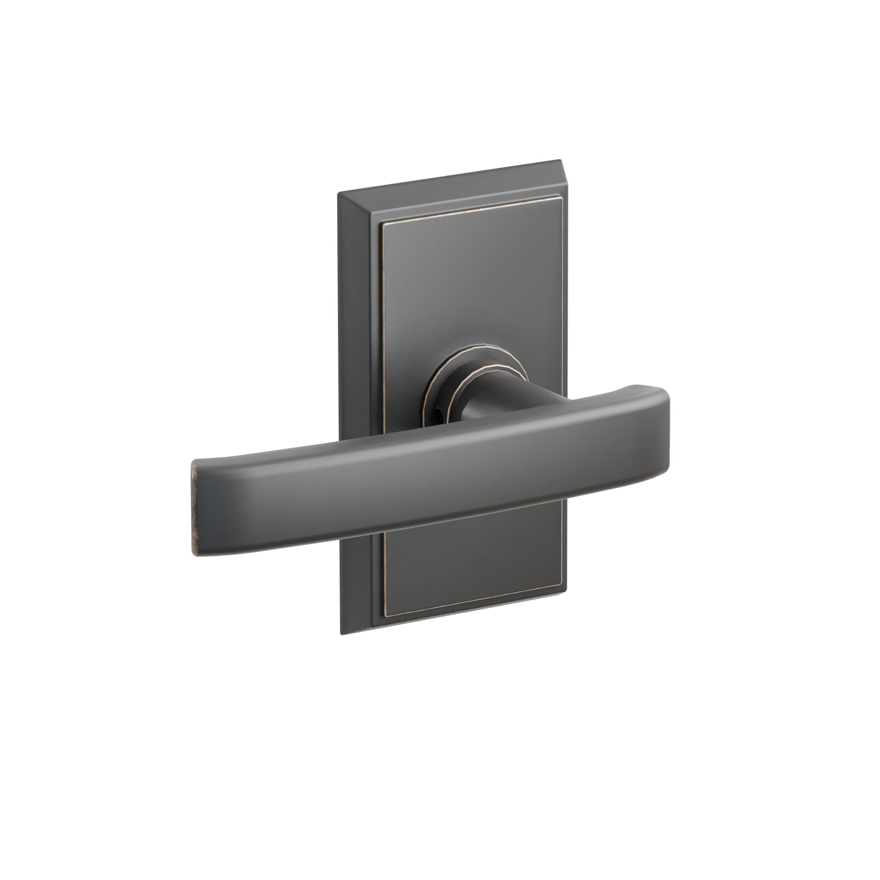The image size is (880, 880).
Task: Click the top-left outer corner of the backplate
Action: click(x=337, y=194)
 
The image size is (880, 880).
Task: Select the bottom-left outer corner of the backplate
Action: click(x=341, y=634)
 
